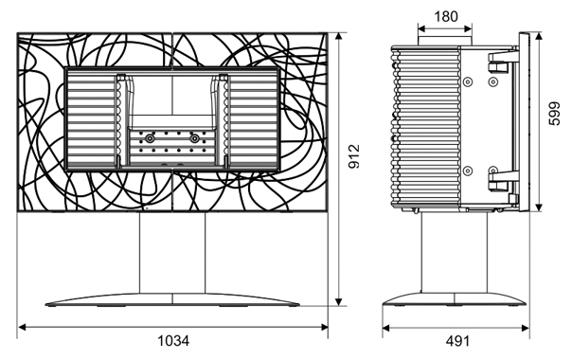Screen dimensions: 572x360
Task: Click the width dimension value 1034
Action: tap(173, 341)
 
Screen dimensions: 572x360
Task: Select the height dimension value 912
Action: tap(353, 156)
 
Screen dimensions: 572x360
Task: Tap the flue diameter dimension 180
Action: tap(446, 16)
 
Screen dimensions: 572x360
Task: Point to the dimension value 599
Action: tap(554, 114)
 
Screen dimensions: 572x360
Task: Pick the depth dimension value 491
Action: tap(457, 341)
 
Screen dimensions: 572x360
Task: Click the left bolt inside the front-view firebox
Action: tap(150, 138)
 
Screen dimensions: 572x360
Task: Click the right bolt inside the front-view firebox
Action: tap(195, 138)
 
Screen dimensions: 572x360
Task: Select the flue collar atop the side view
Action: tap(445, 41)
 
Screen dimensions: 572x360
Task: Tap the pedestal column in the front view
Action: tap(172, 253)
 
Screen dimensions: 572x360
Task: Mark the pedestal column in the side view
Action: tap(455, 253)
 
